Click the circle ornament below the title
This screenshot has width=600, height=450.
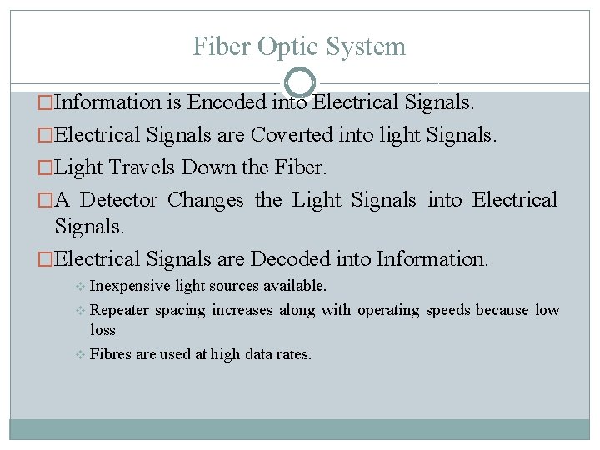(300, 83)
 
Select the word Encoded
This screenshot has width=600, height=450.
(227, 103)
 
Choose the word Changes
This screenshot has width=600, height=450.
(206, 200)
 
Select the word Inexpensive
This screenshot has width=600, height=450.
(129, 286)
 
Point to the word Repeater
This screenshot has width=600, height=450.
(120, 310)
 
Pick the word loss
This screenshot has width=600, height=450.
(102, 330)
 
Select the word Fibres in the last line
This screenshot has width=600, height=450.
(110, 354)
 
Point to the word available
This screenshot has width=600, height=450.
(294, 286)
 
